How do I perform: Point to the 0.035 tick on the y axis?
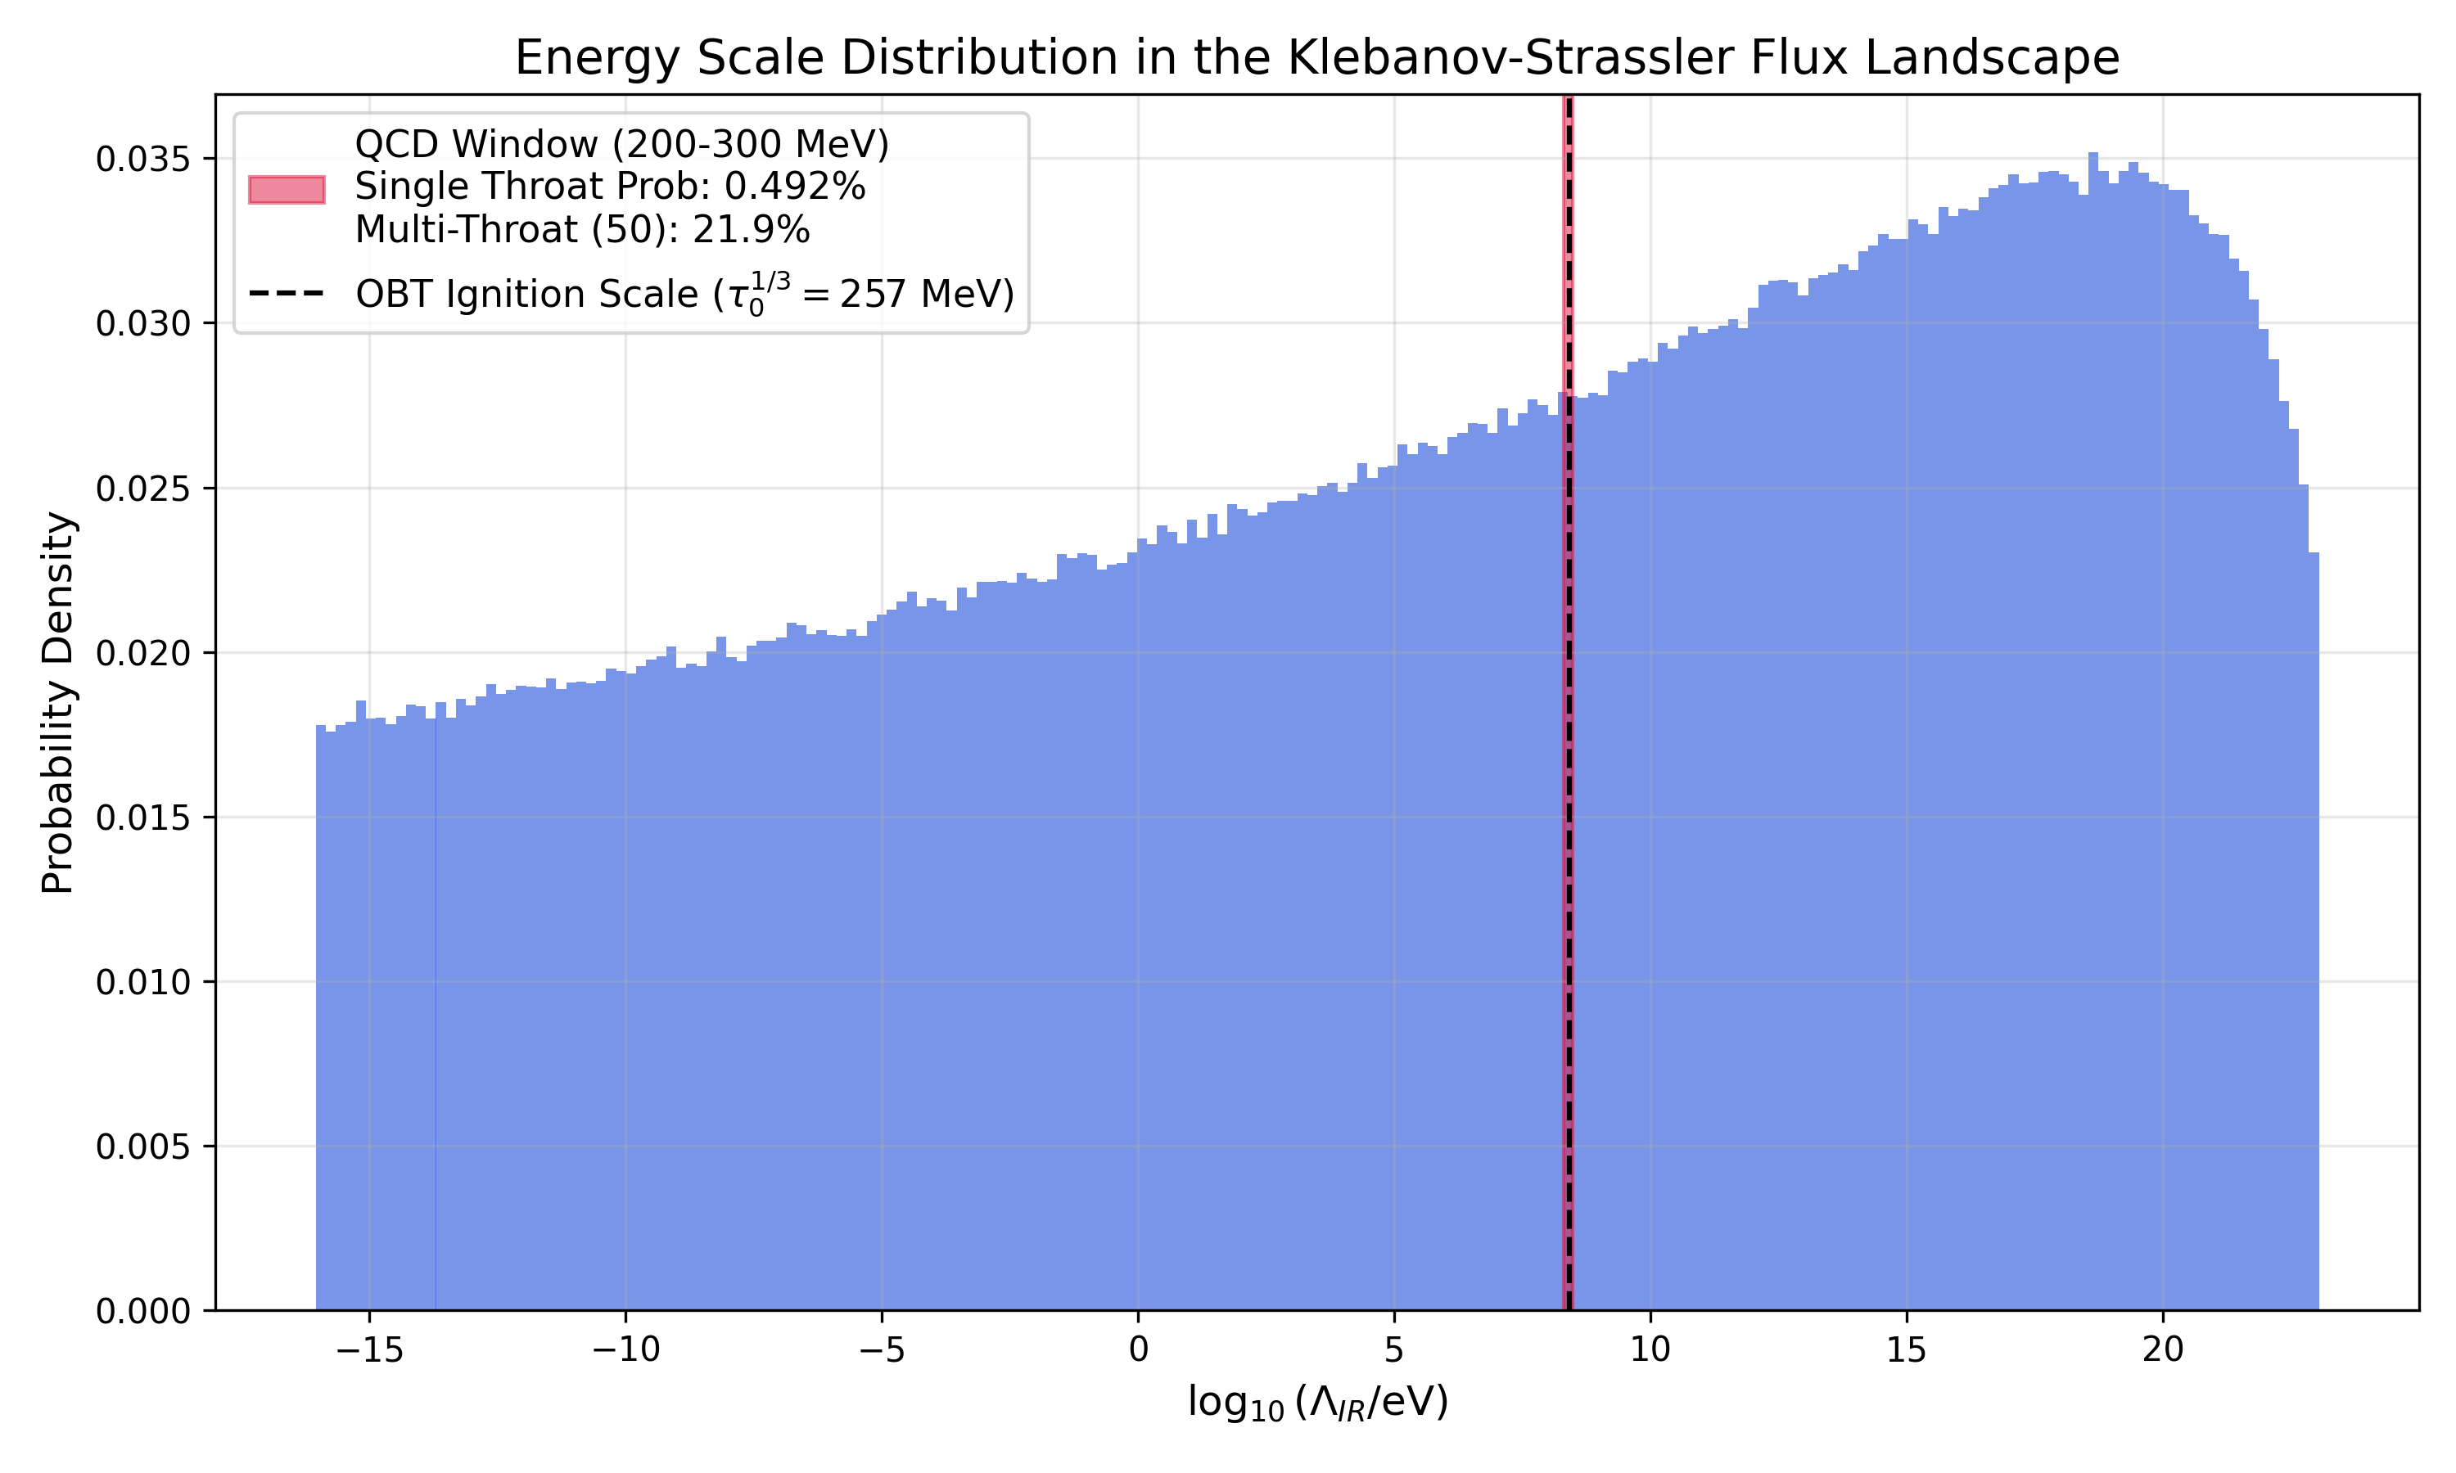pyautogui.click(x=142, y=159)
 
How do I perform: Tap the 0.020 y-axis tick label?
pyautogui.click(x=142, y=653)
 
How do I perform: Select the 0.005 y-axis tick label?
pyautogui.click(x=142, y=1146)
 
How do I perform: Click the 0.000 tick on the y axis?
pyautogui.click(x=142, y=1311)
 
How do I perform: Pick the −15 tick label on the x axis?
pyautogui.click(x=369, y=1350)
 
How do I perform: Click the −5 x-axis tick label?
pyautogui.click(x=882, y=1350)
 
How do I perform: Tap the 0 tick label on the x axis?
pyautogui.click(x=1138, y=1350)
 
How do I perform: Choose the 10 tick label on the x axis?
pyautogui.click(x=1650, y=1350)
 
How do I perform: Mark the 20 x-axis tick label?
pyautogui.click(x=2162, y=1350)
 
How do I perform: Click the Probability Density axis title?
pyautogui.click(x=57, y=703)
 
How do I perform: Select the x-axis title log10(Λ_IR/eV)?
pyautogui.click(x=1317, y=1403)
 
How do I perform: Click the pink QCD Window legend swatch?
pyautogui.click(x=287, y=188)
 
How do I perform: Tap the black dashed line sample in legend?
pyautogui.click(x=287, y=294)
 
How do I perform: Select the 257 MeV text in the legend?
pyautogui.click(x=923, y=294)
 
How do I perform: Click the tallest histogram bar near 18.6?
pyautogui.click(x=2093, y=695)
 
